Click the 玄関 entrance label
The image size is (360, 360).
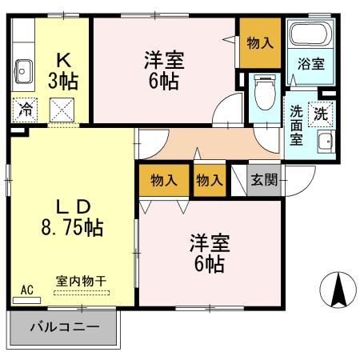click(x=263, y=179)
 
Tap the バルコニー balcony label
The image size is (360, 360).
click(x=65, y=327)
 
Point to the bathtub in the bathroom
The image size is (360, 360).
click(x=310, y=34)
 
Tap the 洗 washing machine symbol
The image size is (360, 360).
click(x=320, y=113)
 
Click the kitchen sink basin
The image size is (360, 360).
click(x=22, y=70)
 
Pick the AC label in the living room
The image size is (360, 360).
click(x=26, y=290)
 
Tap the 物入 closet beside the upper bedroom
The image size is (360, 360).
click(x=258, y=43)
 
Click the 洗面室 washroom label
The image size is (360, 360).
click(x=295, y=126)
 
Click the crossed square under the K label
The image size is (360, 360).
click(x=62, y=109)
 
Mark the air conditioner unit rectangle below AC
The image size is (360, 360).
click(x=26, y=301)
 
